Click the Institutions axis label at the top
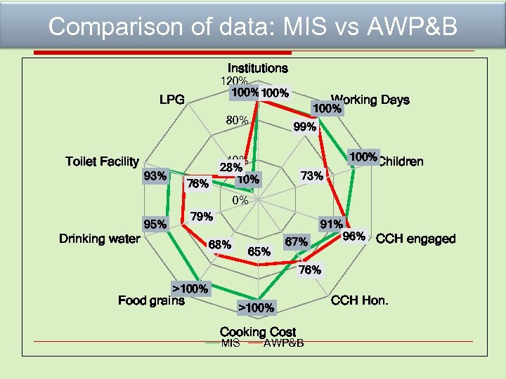257,68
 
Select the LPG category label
171,100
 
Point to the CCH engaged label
415,239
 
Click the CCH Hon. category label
359,300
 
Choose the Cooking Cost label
258,331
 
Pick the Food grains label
151,300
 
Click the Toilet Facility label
102,161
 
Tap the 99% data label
304,127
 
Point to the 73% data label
311,175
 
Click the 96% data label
353,237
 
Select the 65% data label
259,251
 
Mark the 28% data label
231,167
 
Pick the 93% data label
155,175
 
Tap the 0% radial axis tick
240,200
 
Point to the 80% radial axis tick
237,120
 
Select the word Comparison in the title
107,27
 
